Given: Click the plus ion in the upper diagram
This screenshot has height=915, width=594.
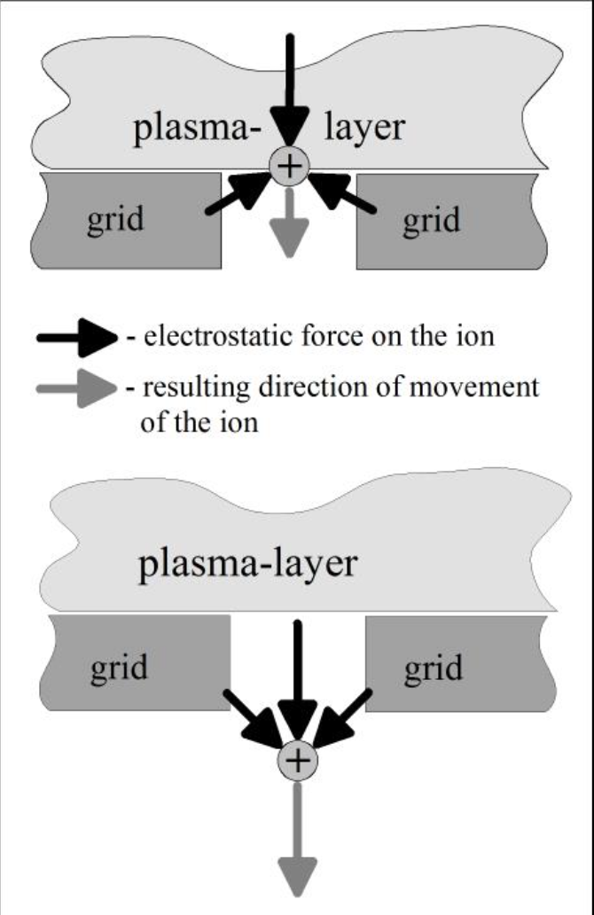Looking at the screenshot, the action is coord(289,167).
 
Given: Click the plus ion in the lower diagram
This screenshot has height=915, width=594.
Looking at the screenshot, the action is coord(298,761).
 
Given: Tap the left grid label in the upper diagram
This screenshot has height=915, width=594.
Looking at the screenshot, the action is coord(115,221).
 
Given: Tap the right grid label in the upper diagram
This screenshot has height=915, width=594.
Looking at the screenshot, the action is coord(431,222).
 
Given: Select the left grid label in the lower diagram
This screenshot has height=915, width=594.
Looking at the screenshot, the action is coord(119,669).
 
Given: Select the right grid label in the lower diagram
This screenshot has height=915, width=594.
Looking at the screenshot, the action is coord(434,669).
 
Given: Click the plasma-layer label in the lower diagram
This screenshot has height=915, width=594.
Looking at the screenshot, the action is coord(247,565).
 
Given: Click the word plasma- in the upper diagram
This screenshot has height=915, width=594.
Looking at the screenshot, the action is coord(197,129).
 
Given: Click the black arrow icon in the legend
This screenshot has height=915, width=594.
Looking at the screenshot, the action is coord(77,338).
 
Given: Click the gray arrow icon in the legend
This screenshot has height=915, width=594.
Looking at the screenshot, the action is coord(77,388).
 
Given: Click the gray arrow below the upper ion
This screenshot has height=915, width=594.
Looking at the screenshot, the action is coord(289,223).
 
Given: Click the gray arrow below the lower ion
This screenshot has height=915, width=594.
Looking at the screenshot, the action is coord(298,839).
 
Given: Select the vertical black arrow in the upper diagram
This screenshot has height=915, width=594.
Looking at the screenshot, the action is coord(289,91).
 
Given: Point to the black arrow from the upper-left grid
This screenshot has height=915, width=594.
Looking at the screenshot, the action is coord(239,193).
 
